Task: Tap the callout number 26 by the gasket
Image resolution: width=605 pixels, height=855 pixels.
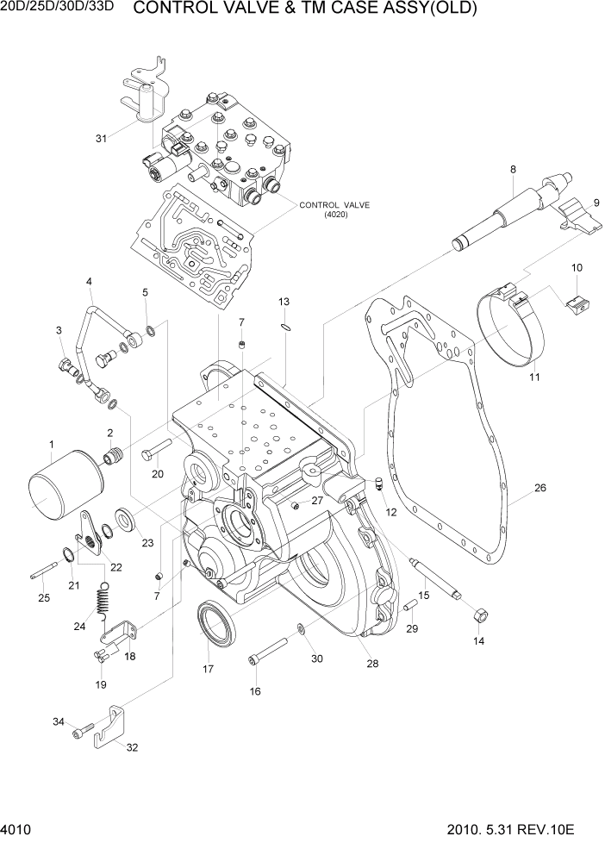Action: [x=540, y=489]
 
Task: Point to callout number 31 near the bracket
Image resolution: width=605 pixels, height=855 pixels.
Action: [x=102, y=138]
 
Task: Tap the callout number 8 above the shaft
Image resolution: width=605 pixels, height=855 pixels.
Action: [x=513, y=169]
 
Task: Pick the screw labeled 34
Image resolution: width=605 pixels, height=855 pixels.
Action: [x=82, y=732]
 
